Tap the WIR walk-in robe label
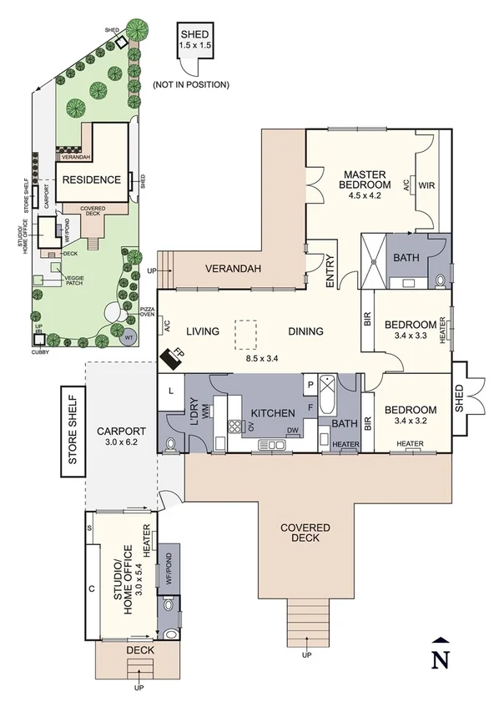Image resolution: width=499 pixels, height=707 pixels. pos(426,185)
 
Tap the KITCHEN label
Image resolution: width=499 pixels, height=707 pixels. pos(271,413)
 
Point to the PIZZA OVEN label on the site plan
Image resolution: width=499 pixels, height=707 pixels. pos(148,312)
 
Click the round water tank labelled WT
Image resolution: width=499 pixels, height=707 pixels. pos(127,338)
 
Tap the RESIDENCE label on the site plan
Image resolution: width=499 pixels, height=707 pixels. pos(92,179)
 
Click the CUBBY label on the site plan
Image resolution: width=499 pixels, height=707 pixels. pos(38,351)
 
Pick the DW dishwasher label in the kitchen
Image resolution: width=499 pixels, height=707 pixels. pos(292,431)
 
